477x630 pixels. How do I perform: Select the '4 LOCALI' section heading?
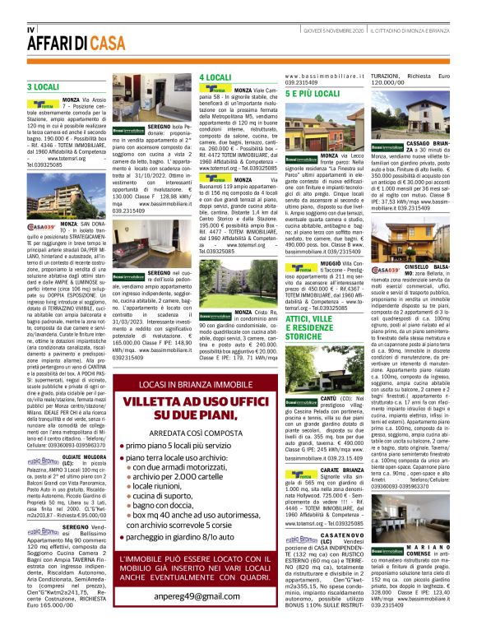215,77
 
